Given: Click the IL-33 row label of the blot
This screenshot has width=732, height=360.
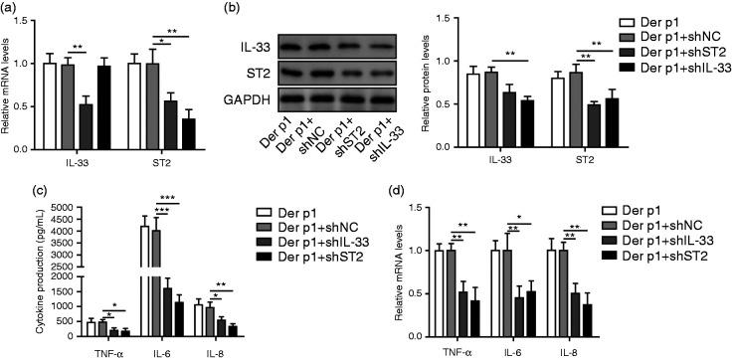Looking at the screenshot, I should (x=254, y=45).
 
